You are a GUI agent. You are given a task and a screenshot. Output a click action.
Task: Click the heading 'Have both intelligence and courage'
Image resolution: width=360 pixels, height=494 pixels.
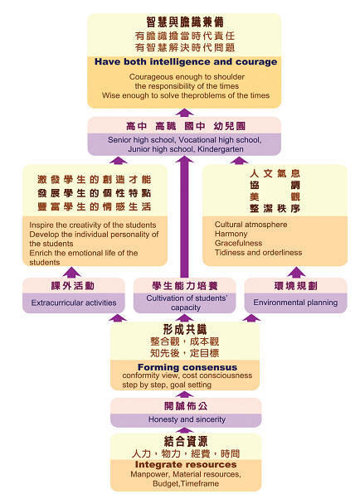pos(186,61)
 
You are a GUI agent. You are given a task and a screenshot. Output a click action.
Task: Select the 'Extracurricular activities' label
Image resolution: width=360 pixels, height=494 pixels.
pos(74,303)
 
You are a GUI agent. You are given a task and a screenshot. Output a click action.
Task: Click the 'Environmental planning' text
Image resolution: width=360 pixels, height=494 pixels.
pos(295,303)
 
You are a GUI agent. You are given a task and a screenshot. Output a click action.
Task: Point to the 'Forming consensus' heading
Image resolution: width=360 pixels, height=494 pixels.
pos(187,367)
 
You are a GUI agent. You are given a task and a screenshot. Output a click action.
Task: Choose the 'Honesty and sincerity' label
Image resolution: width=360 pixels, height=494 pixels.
pos(187,419)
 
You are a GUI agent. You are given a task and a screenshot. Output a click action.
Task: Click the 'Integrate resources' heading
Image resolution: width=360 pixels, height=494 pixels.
pos(186,464)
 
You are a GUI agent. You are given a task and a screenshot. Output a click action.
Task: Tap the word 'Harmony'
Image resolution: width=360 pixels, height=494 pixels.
pos(231,234)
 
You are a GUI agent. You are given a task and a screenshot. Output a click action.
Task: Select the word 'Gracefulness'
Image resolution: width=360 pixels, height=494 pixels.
pos(238,243)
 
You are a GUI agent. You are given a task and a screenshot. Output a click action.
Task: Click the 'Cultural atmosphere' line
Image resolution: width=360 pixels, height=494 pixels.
pos(251,225)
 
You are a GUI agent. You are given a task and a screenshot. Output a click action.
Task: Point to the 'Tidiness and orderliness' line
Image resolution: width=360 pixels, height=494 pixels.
pos(258,252)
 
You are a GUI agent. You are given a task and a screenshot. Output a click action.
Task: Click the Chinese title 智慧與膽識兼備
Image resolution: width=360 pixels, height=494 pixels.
pos(185,22)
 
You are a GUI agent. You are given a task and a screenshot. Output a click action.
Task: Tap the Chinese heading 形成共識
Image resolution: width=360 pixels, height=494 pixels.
pos(185,330)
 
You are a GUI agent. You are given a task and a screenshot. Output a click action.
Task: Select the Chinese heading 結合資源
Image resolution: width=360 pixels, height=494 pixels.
pos(186,442)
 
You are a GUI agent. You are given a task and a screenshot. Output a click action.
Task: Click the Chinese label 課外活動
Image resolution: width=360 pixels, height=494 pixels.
pos(73,286)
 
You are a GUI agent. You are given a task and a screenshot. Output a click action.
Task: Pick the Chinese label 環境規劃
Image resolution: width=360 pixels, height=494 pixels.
pos(295,286)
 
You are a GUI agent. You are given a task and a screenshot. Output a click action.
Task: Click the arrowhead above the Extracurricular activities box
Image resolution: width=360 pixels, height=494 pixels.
pos(71,272)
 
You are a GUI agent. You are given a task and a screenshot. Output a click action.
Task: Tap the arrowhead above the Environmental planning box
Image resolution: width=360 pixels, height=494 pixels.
pos(296,272)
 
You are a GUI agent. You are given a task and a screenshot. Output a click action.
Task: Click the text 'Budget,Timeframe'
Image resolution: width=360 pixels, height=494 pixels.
pos(186,483)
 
